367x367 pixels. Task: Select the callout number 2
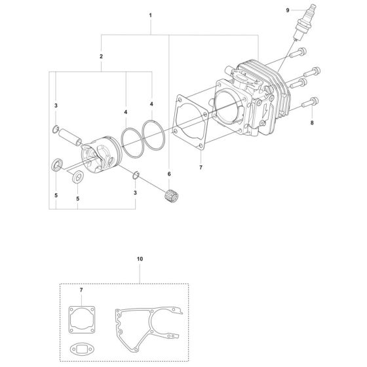101,57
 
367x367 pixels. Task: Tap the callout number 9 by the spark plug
305,10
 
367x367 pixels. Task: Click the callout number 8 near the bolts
312,122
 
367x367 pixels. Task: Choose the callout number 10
139,260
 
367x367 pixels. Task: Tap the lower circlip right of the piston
136,174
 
